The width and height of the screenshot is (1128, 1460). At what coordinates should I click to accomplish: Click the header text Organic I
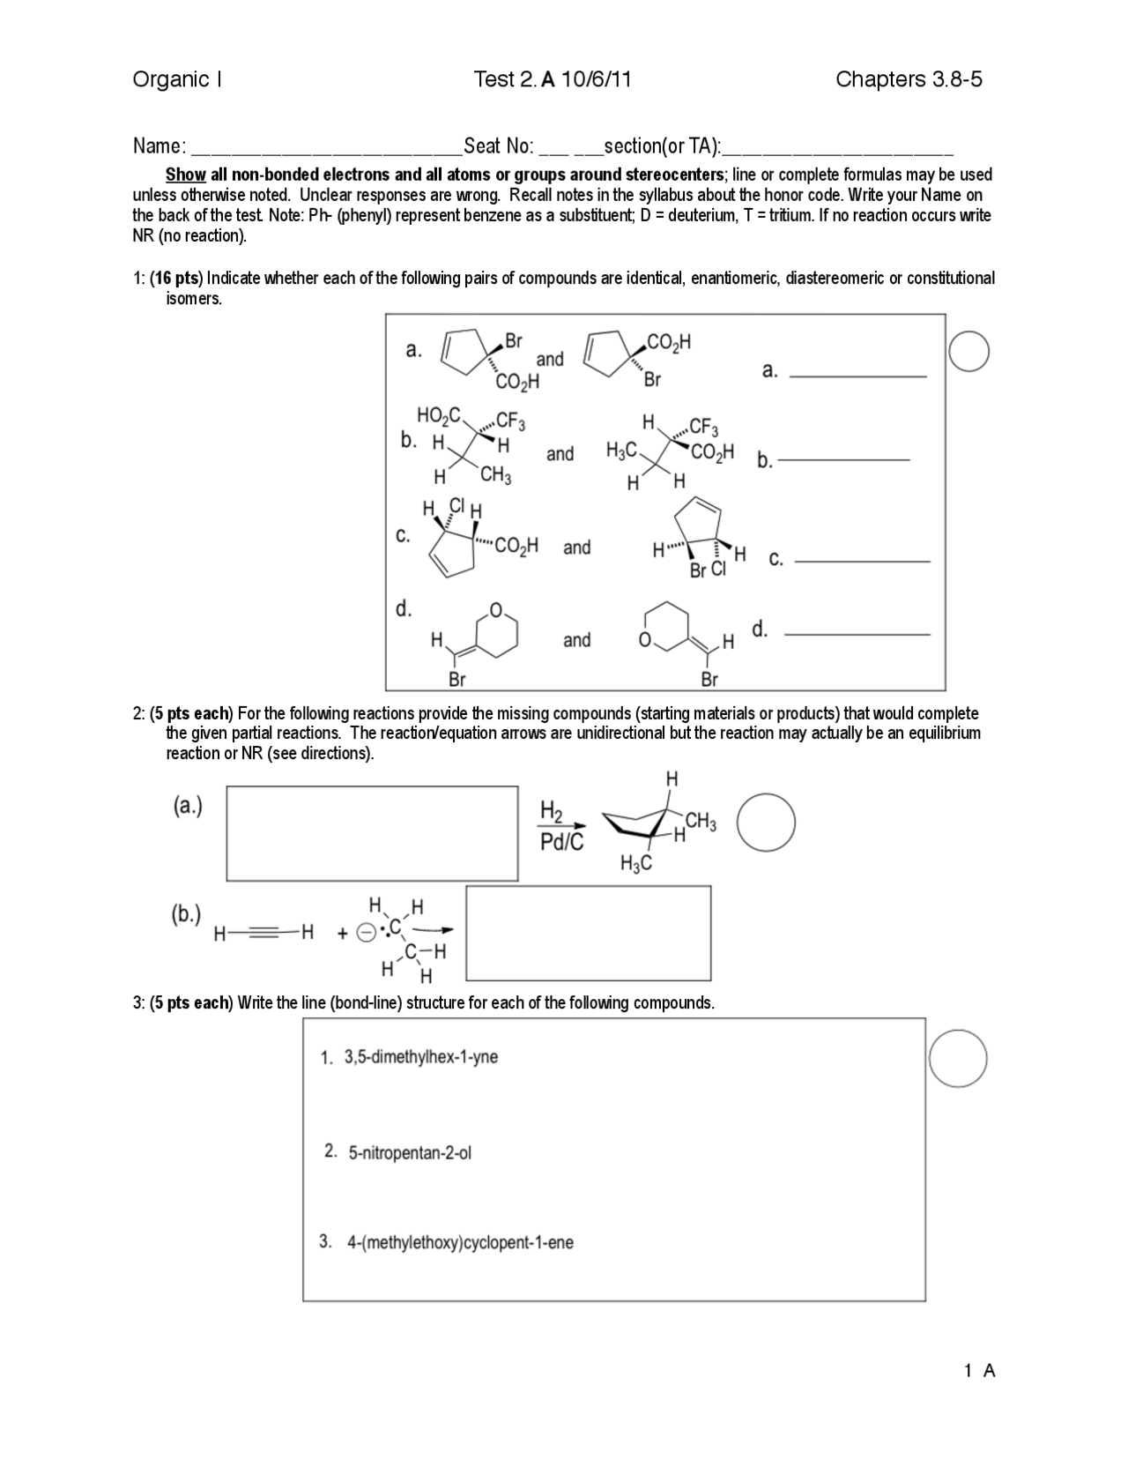(x=176, y=80)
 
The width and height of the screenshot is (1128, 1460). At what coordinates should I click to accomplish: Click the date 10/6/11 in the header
(x=596, y=80)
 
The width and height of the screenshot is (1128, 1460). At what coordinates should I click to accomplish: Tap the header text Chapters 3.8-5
(x=909, y=80)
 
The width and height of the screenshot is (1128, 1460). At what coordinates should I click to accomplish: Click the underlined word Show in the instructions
(x=185, y=175)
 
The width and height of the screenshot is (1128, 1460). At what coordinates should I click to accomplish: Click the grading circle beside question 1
(x=968, y=351)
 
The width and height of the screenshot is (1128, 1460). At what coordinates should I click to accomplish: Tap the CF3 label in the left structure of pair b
(x=511, y=421)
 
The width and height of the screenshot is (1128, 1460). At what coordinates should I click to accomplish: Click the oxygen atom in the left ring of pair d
(x=495, y=609)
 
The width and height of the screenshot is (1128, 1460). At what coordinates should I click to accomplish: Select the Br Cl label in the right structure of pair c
(x=708, y=570)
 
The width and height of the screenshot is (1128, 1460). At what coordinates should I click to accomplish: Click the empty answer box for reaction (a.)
(x=372, y=833)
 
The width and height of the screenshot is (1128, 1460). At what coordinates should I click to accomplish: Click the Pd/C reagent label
(x=561, y=842)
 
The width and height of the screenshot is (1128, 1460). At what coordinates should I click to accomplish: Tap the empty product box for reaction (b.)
(x=588, y=933)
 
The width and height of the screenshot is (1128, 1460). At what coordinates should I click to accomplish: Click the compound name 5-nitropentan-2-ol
(x=409, y=1152)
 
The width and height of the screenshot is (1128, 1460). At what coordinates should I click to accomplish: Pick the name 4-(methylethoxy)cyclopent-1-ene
(x=459, y=1242)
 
